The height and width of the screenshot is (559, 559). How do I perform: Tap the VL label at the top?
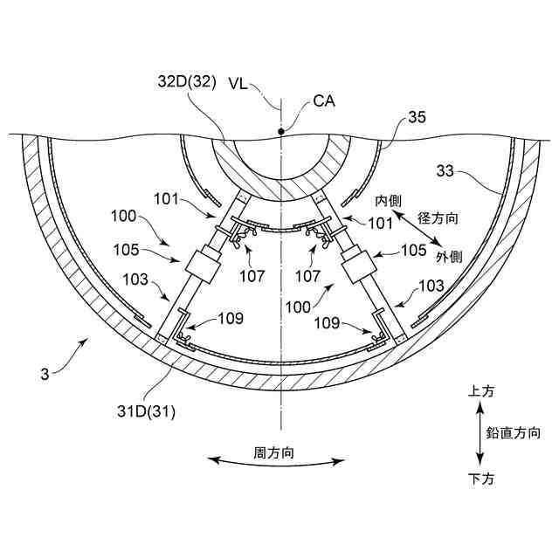(x=239, y=84)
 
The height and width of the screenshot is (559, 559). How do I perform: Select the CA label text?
(x=322, y=101)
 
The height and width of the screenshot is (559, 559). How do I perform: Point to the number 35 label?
(x=418, y=118)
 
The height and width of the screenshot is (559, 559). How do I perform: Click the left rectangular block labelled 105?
(x=203, y=266)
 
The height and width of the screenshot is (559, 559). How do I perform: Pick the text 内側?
(x=377, y=201)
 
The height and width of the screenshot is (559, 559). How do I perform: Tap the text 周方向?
(x=273, y=453)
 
